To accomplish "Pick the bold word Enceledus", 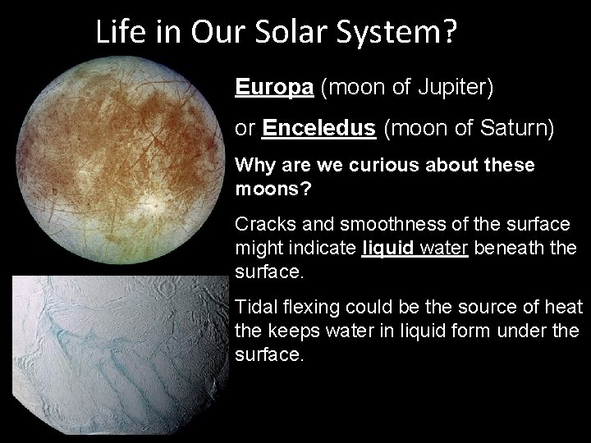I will pyautogui.click(x=320, y=130).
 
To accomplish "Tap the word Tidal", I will pyautogui.click(x=254, y=307).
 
